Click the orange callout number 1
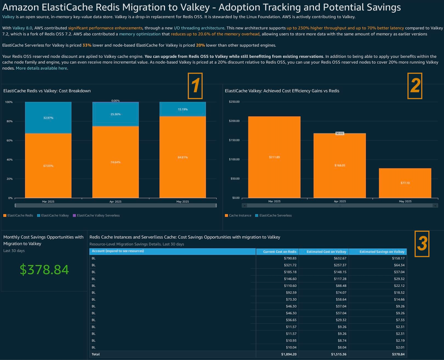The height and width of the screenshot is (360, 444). [x=195, y=86]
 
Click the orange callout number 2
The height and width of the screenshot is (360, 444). [x=415, y=86]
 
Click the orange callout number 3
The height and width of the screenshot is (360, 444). [x=422, y=244]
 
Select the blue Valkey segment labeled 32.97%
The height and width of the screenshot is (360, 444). [x=48, y=118]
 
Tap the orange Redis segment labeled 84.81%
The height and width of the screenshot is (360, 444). [x=183, y=157]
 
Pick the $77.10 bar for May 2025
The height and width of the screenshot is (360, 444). [x=405, y=183]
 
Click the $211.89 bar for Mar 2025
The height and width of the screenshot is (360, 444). [x=274, y=157]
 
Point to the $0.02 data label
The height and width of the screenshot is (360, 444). [x=340, y=133]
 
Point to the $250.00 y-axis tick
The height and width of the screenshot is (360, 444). [x=234, y=102]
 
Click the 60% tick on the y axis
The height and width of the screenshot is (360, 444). [x=9, y=141]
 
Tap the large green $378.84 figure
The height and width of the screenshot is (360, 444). [x=44, y=269]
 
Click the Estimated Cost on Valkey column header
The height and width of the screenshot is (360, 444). [x=326, y=251]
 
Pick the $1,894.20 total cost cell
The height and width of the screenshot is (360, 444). [x=288, y=354]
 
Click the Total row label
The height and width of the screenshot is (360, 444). [x=96, y=354]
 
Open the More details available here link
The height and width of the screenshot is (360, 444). [x=41, y=68]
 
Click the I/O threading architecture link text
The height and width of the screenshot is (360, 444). [x=199, y=28]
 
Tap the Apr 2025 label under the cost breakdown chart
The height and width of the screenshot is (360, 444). [x=115, y=201]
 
